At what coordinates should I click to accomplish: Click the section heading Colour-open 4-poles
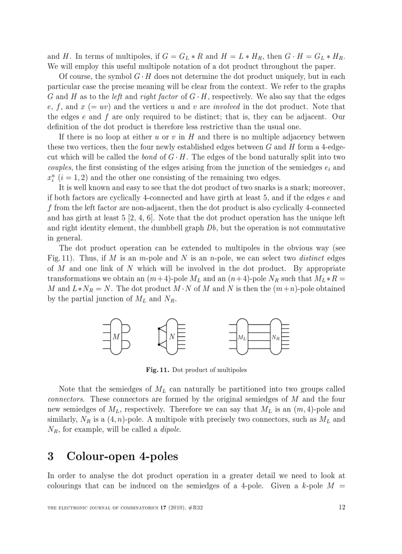[122, 456]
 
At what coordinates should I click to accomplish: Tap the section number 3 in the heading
[50, 456]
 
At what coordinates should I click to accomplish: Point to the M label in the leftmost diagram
[116, 337]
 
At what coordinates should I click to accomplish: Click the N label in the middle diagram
[172, 337]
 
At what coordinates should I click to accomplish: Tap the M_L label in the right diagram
[242, 338]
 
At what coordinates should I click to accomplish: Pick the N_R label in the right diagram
[275, 338]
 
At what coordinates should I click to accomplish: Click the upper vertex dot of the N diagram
[159, 329]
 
